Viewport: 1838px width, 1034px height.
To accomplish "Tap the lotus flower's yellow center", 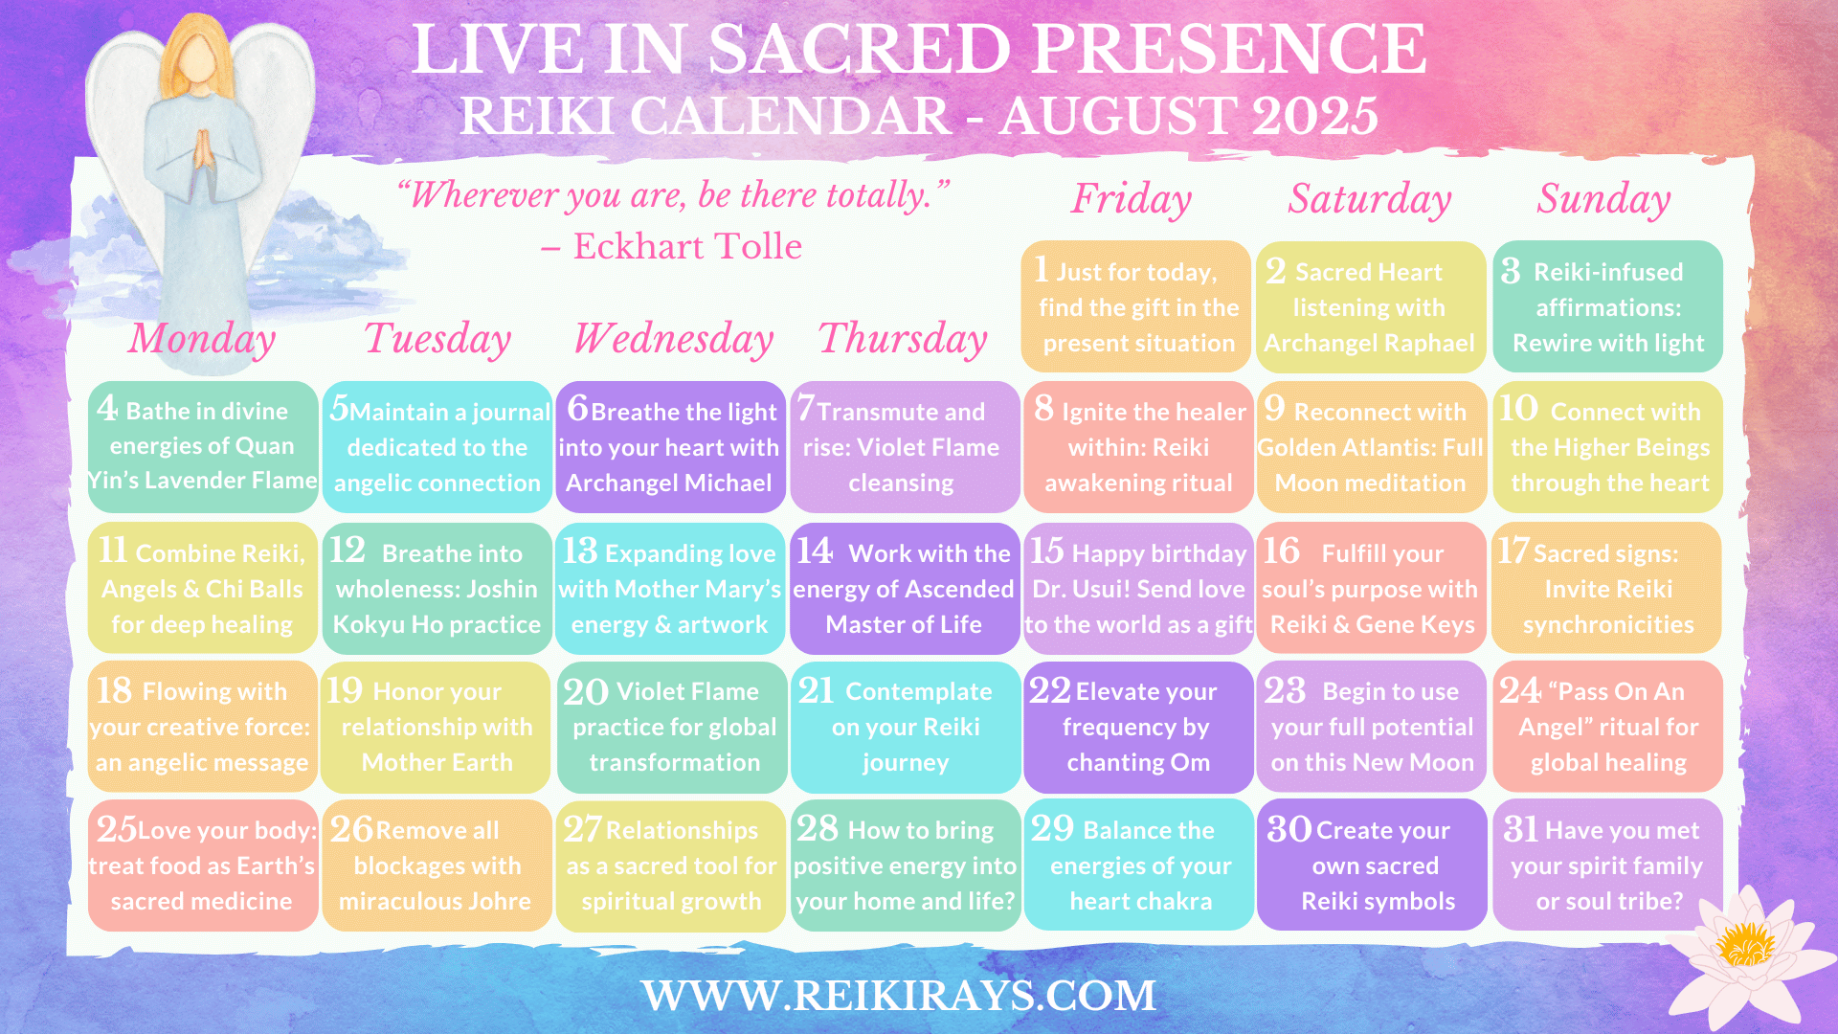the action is (1745, 942).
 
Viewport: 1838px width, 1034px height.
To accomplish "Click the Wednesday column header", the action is (674, 339).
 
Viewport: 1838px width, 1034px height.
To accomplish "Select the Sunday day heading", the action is (1604, 199).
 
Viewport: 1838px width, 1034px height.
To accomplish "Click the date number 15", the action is (1046, 551).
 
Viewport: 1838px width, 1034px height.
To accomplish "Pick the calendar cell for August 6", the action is (670, 447).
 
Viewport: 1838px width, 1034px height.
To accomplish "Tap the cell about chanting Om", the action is (1138, 727).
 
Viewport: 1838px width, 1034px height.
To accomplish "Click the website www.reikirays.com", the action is (899, 996).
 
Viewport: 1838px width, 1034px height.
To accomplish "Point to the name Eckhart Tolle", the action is (687, 247).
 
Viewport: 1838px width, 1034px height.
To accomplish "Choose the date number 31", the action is (1521, 828).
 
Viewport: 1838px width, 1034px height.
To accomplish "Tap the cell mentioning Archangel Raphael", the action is (1371, 306).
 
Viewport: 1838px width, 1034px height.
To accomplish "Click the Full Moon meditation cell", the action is (1371, 447).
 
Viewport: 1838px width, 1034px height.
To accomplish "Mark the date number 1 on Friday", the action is (1041, 269).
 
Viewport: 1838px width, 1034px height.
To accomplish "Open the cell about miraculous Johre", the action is (437, 865).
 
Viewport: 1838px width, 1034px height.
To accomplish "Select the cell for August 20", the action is (672, 727).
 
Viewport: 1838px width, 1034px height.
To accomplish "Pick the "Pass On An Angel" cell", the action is (1608, 727).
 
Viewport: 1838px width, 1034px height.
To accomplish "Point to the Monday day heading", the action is (202, 339).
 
